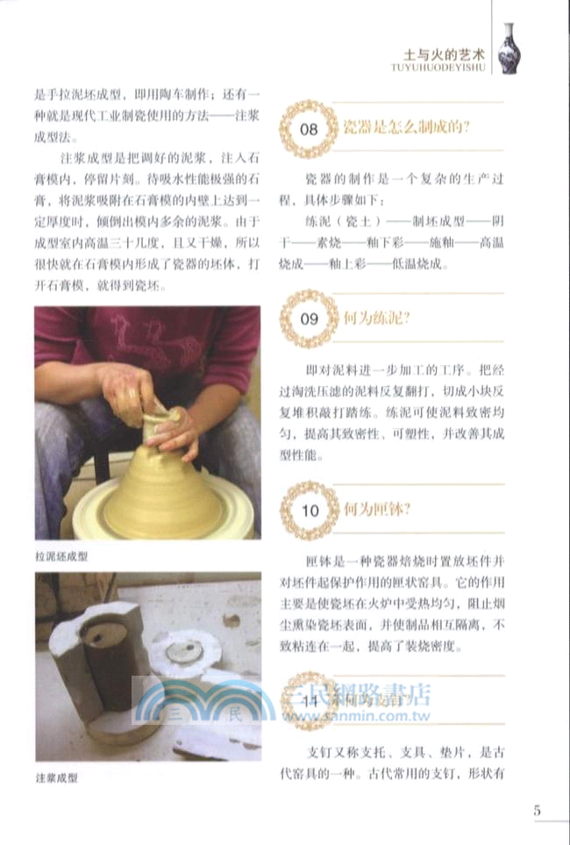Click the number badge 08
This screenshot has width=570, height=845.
309,129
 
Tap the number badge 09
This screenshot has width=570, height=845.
309,319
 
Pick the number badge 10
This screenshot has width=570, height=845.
309,510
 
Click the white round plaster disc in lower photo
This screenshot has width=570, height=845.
185,655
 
